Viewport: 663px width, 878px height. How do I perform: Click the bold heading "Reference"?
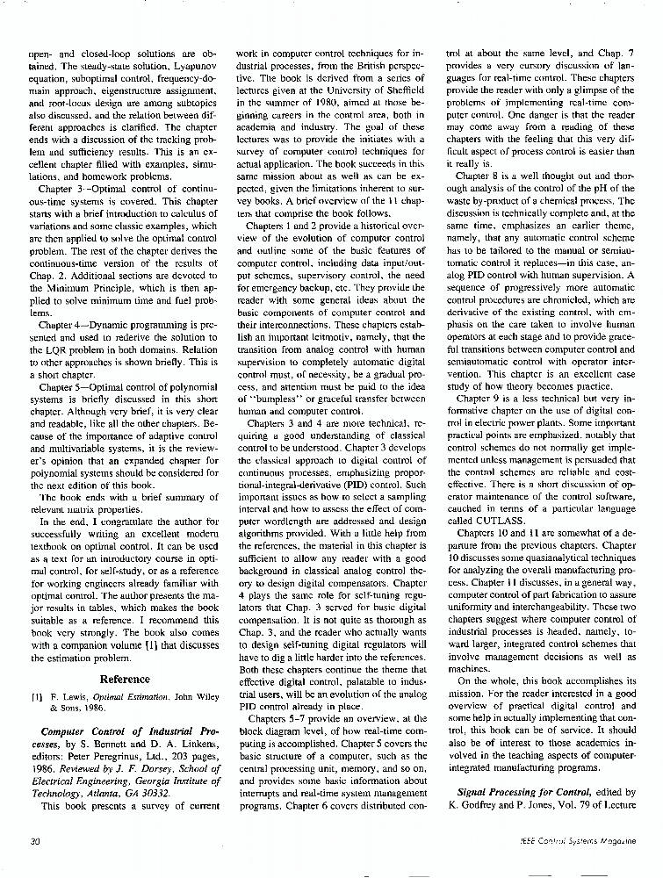125,679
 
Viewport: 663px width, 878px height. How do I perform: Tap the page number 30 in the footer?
35,841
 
